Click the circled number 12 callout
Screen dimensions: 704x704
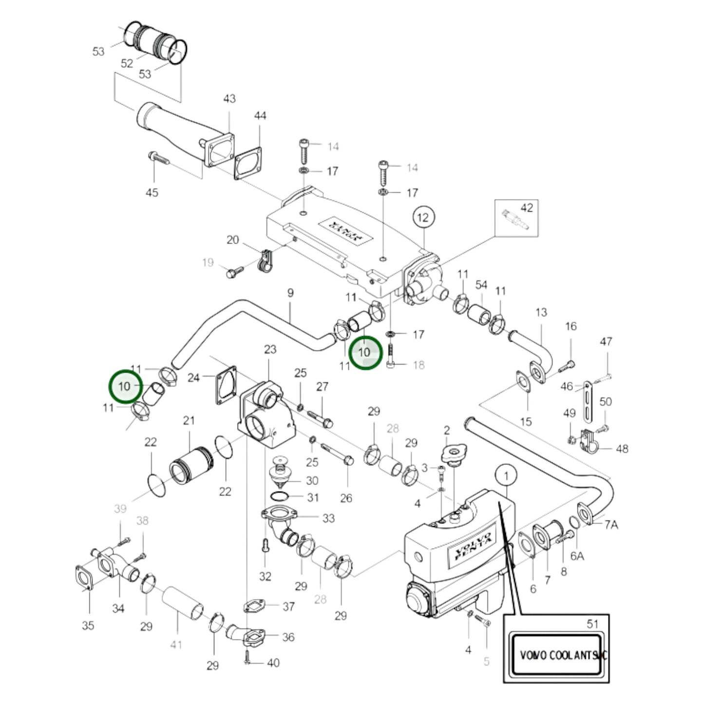[x=423, y=217]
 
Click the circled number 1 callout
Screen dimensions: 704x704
[x=506, y=476]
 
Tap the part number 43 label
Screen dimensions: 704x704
[x=229, y=98]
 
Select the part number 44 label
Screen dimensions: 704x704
[x=260, y=115]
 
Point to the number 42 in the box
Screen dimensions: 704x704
[x=527, y=208]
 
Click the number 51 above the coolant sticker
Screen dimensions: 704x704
[x=592, y=624]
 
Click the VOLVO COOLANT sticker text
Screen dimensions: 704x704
[x=563, y=655]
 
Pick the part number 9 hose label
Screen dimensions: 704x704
[x=290, y=293]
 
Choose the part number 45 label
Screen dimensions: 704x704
[x=152, y=192]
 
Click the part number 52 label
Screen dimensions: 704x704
[x=127, y=63]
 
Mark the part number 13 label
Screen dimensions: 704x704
[x=541, y=312]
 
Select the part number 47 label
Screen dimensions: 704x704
[x=606, y=342]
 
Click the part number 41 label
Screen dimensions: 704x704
[x=176, y=645]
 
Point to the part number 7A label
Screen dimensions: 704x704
[x=611, y=524]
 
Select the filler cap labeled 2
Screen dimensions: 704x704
[x=453, y=455]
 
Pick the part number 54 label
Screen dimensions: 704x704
[x=481, y=285]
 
